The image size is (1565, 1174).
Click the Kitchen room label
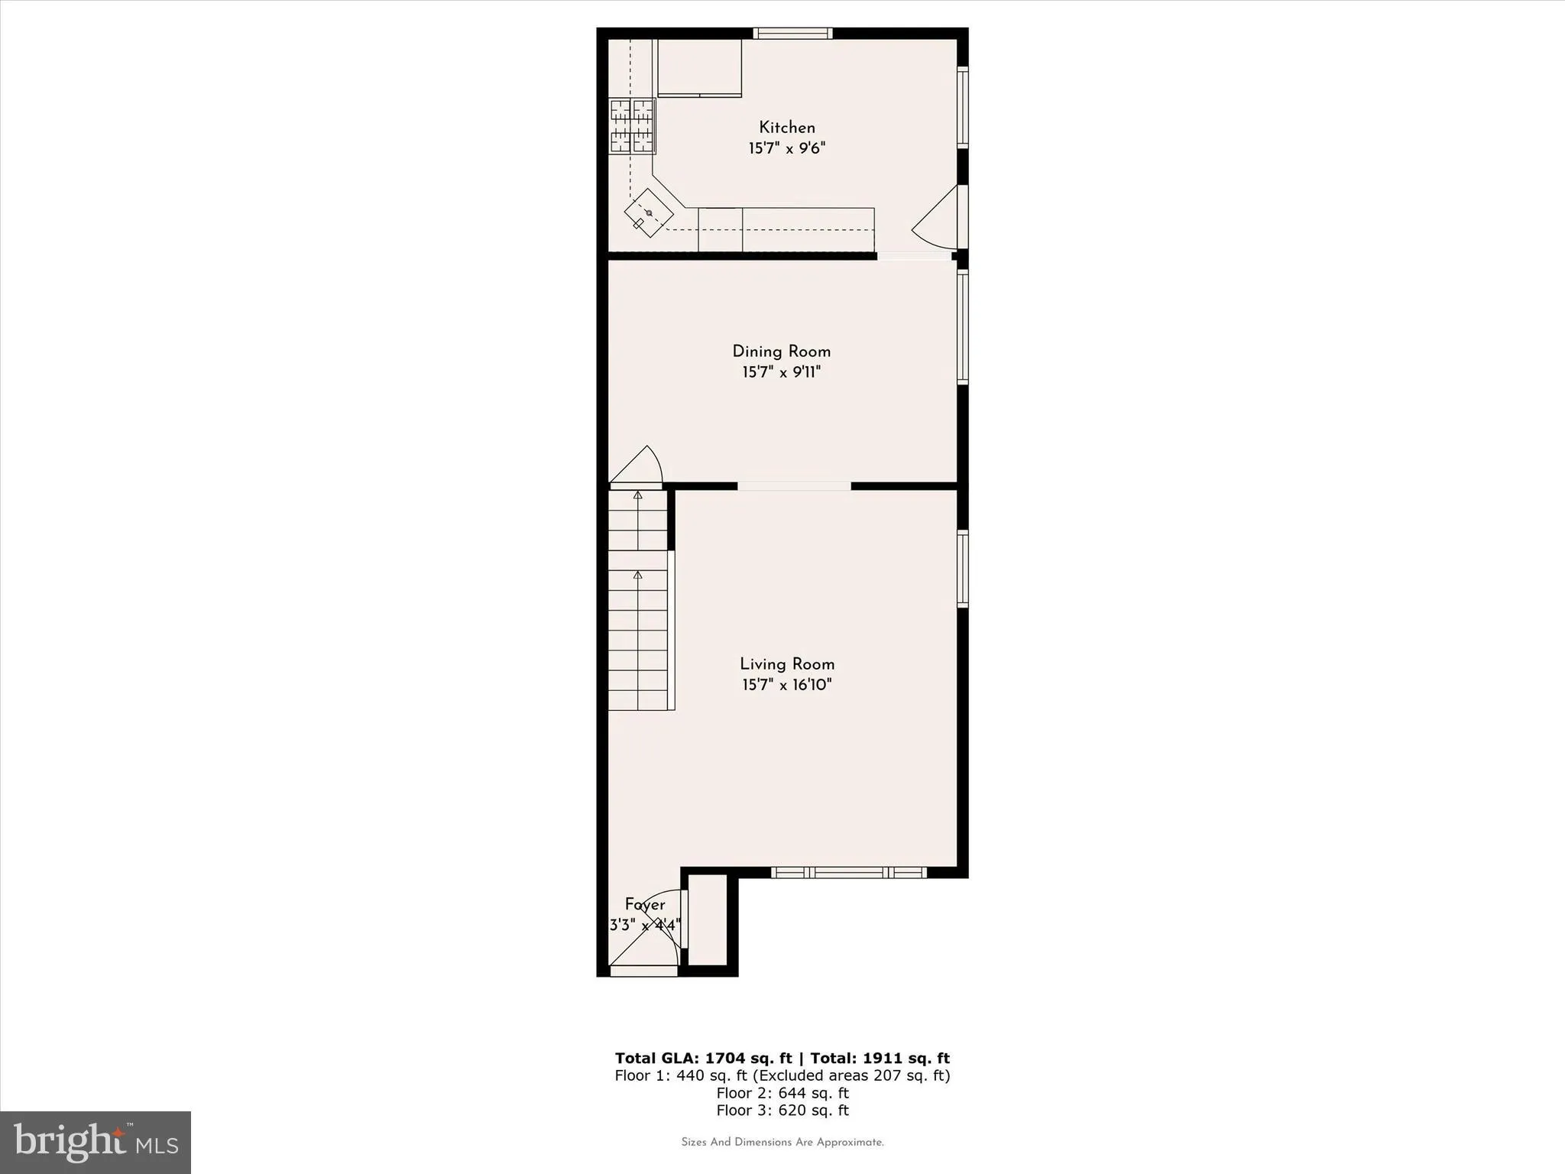tap(786, 128)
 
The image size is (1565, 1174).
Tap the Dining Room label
tap(781, 352)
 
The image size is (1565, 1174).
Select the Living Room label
tap(786, 664)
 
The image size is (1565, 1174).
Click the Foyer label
tap(645, 905)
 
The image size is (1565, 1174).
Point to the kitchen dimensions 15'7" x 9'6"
tap(786, 148)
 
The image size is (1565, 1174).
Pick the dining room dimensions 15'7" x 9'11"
tap(781, 372)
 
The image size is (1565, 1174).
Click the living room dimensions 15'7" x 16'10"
tap(786, 685)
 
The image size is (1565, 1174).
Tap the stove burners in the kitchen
tap(632, 125)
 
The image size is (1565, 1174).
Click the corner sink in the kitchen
tap(648, 212)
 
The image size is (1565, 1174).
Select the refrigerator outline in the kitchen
tap(699, 68)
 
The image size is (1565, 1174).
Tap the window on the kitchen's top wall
tap(792, 33)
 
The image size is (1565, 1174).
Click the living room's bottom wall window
tap(848, 872)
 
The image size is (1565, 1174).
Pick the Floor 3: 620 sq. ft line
tap(782, 1111)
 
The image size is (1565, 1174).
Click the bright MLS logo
tap(96, 1143)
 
